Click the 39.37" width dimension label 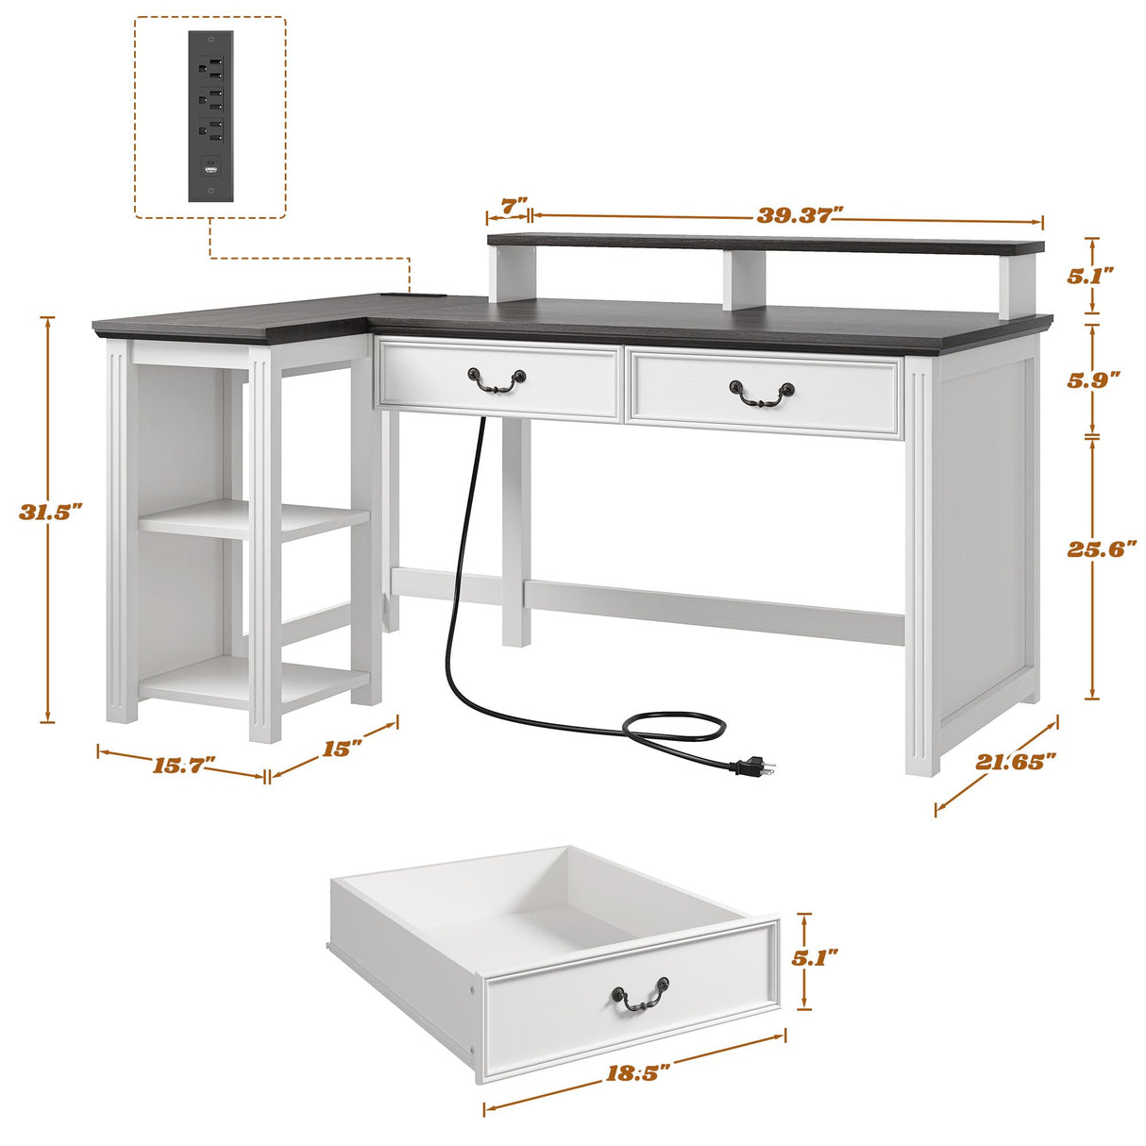[799, 215]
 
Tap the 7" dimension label [513, 206]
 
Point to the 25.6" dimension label [1102, 548]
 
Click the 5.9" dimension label [1093, 379]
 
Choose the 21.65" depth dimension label [1016, 762]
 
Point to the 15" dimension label [342, 749]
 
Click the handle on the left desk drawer [496, 379]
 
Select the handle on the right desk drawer [761, 394]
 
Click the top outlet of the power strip [210, 66]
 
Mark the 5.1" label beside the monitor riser [1090, 275]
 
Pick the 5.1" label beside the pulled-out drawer [815, 958]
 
